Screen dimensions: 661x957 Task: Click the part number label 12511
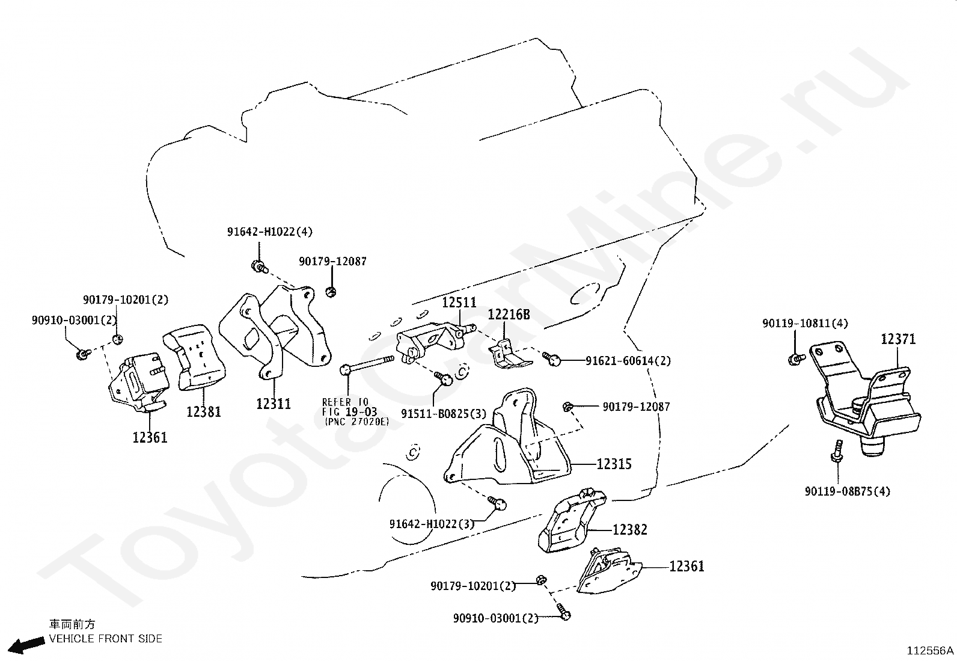(459, 303)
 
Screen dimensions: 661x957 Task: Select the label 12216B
(509, 315)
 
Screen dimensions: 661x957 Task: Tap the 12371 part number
(898, 339)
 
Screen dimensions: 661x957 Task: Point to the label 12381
(203, 412)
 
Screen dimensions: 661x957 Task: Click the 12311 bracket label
(274, 404)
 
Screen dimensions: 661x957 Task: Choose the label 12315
(614, 464)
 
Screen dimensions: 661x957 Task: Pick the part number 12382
(630, 530)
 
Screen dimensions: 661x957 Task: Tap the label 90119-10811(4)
(805, 324)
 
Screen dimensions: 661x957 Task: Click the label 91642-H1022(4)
(270, 232)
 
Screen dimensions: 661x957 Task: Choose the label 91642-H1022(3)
(432, 524)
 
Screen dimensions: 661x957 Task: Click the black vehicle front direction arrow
(27, 645)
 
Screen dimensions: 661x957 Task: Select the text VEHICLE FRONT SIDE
(106, 639)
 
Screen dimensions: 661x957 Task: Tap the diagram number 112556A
(930, 651)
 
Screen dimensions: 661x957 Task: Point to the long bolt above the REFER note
(367, 364)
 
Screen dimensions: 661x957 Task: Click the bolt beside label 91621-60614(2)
(552, 358)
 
